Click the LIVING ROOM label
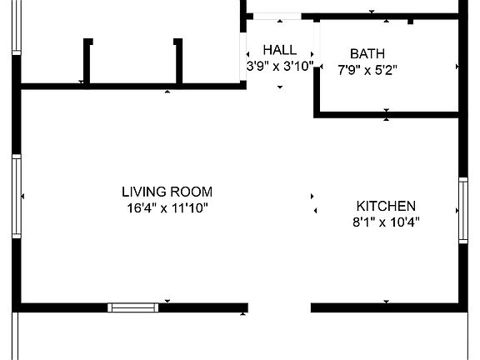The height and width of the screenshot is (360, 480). coord(167,192)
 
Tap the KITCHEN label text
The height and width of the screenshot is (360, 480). coord(386,206)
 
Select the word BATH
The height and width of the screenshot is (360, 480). coord(367,54)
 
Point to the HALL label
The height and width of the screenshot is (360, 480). coord(279,50)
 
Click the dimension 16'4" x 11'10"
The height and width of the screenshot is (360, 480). coord(167,207)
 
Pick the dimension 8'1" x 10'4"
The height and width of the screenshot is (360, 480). coord(386,222)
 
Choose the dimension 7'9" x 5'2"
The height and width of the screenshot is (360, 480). coord(367,70)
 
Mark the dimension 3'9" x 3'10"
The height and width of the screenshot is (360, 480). coord(279,65)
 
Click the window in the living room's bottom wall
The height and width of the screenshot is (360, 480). coord(133,307)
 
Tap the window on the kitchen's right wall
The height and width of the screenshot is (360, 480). coord(463,210)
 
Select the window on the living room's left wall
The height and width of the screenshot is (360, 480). coord(16,197)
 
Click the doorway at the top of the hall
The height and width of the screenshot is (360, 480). coord(278,16)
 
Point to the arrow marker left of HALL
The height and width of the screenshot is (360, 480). coord(247,55)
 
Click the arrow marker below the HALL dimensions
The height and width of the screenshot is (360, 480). coord(280,86)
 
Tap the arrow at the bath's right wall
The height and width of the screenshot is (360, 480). coord(457,66)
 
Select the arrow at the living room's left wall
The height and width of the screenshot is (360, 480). coord(23,197)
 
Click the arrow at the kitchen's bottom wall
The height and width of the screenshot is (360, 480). coord(386,302)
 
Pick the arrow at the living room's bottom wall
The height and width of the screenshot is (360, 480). coord(167,301)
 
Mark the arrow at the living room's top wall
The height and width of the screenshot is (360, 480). coord(167,91)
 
